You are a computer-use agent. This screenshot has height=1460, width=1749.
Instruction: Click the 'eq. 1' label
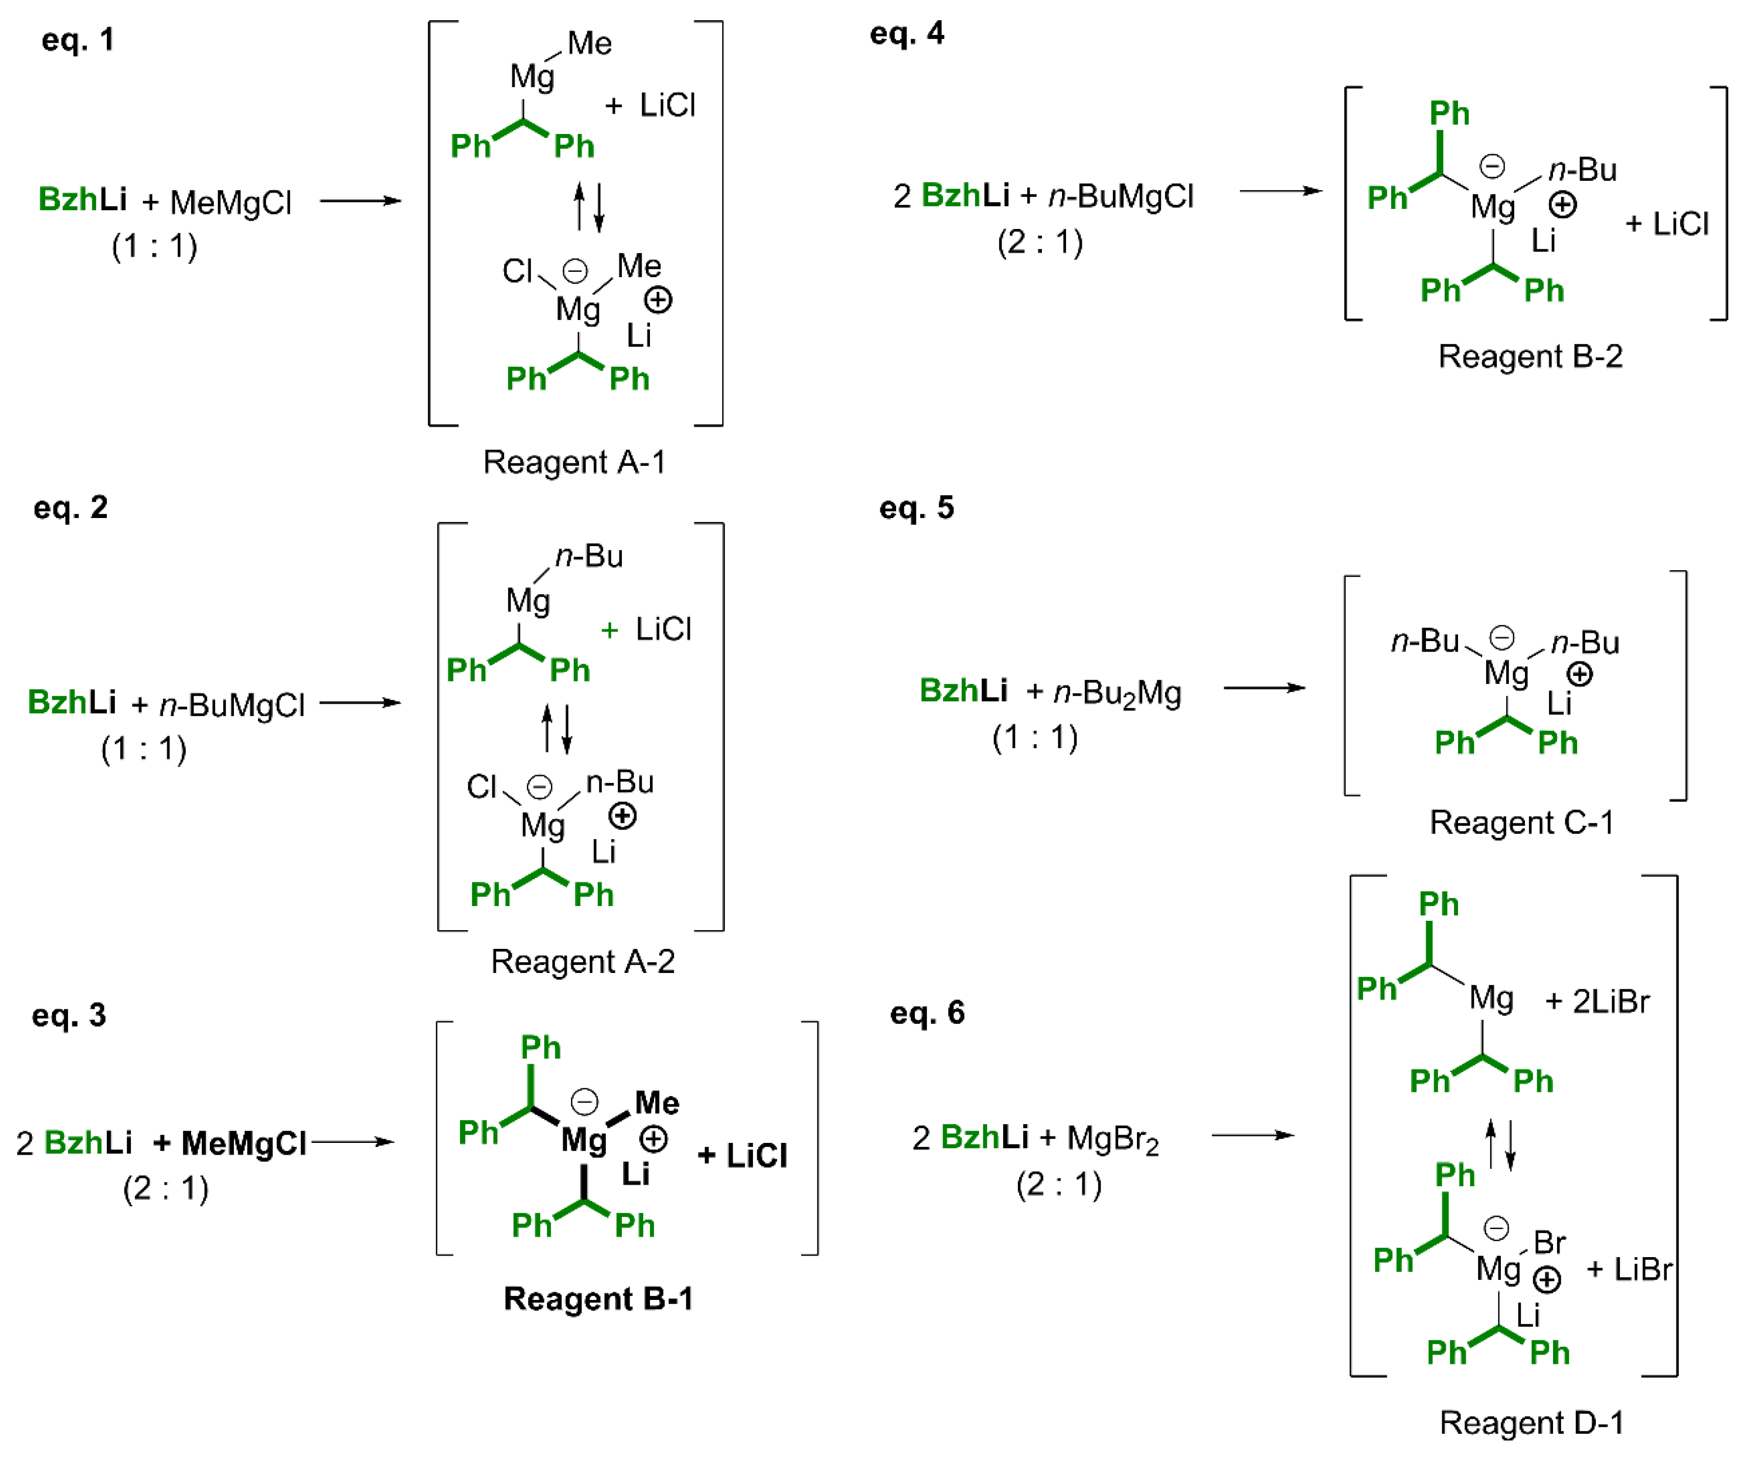point(77,40)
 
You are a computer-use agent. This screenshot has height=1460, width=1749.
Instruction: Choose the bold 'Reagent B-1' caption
point(598,1298)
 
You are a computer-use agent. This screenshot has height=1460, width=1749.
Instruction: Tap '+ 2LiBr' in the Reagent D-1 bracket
point(1596,1001)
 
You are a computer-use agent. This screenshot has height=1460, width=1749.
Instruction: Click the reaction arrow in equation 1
point(360,201)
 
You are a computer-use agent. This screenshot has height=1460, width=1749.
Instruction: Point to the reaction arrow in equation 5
point(1263,688)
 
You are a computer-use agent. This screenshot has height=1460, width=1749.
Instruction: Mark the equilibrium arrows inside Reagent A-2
point(556,729)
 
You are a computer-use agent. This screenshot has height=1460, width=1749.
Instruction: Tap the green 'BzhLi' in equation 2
point(71,702)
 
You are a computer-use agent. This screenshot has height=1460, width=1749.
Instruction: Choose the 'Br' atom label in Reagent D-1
point(1549,1243)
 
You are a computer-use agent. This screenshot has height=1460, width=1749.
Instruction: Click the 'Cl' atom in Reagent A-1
point(517,271)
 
